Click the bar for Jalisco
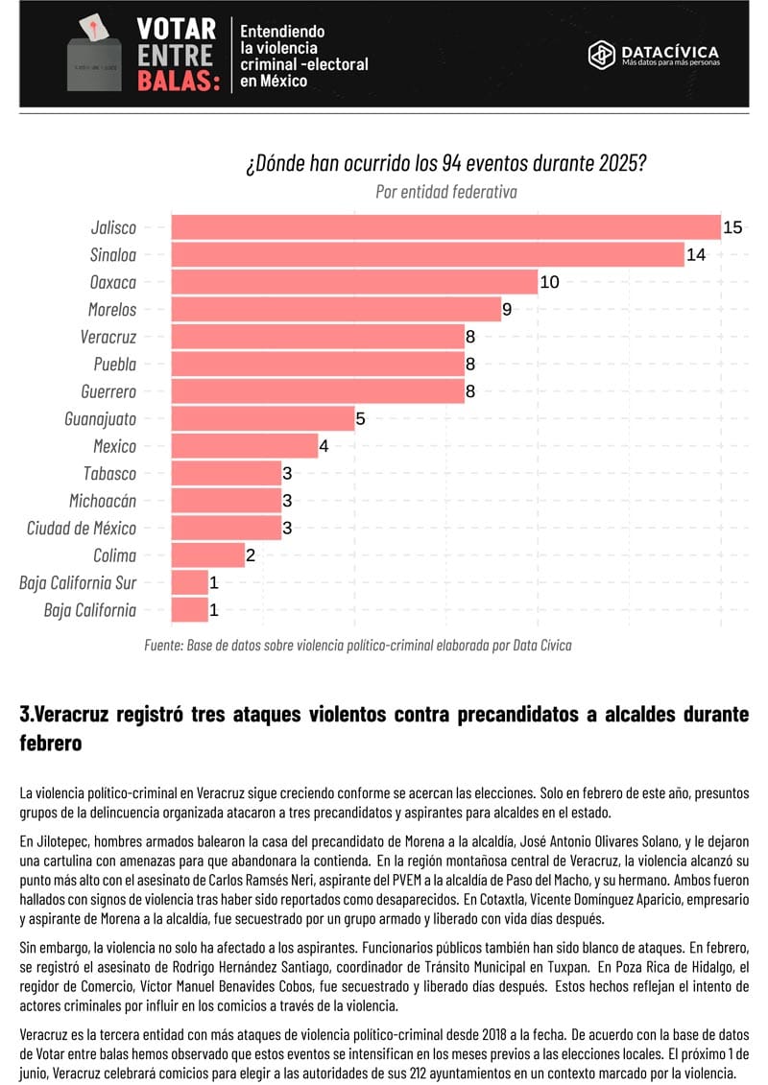click(x=444, y=227)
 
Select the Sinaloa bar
click(x=426, y=255)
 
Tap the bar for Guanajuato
click(x=262, y=418)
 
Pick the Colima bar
click(x=207, y=555)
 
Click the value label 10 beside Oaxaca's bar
click(x=549, y=282)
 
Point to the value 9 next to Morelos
click(x=508, y=310)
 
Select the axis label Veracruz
click(x=108, y=337)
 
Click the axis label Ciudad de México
click(x=82, y=528)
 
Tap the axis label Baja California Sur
click(x=78, y=582)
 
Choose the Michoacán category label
click(x=103, y=501)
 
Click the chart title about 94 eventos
click(x=445, y=162)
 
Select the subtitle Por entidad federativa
click(x=446, y=192)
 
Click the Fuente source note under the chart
click(x=357, y=646)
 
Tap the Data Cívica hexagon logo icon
click(x=601, y=54)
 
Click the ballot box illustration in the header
click(x=93, y=58)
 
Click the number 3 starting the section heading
click(x=25, y=715)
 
